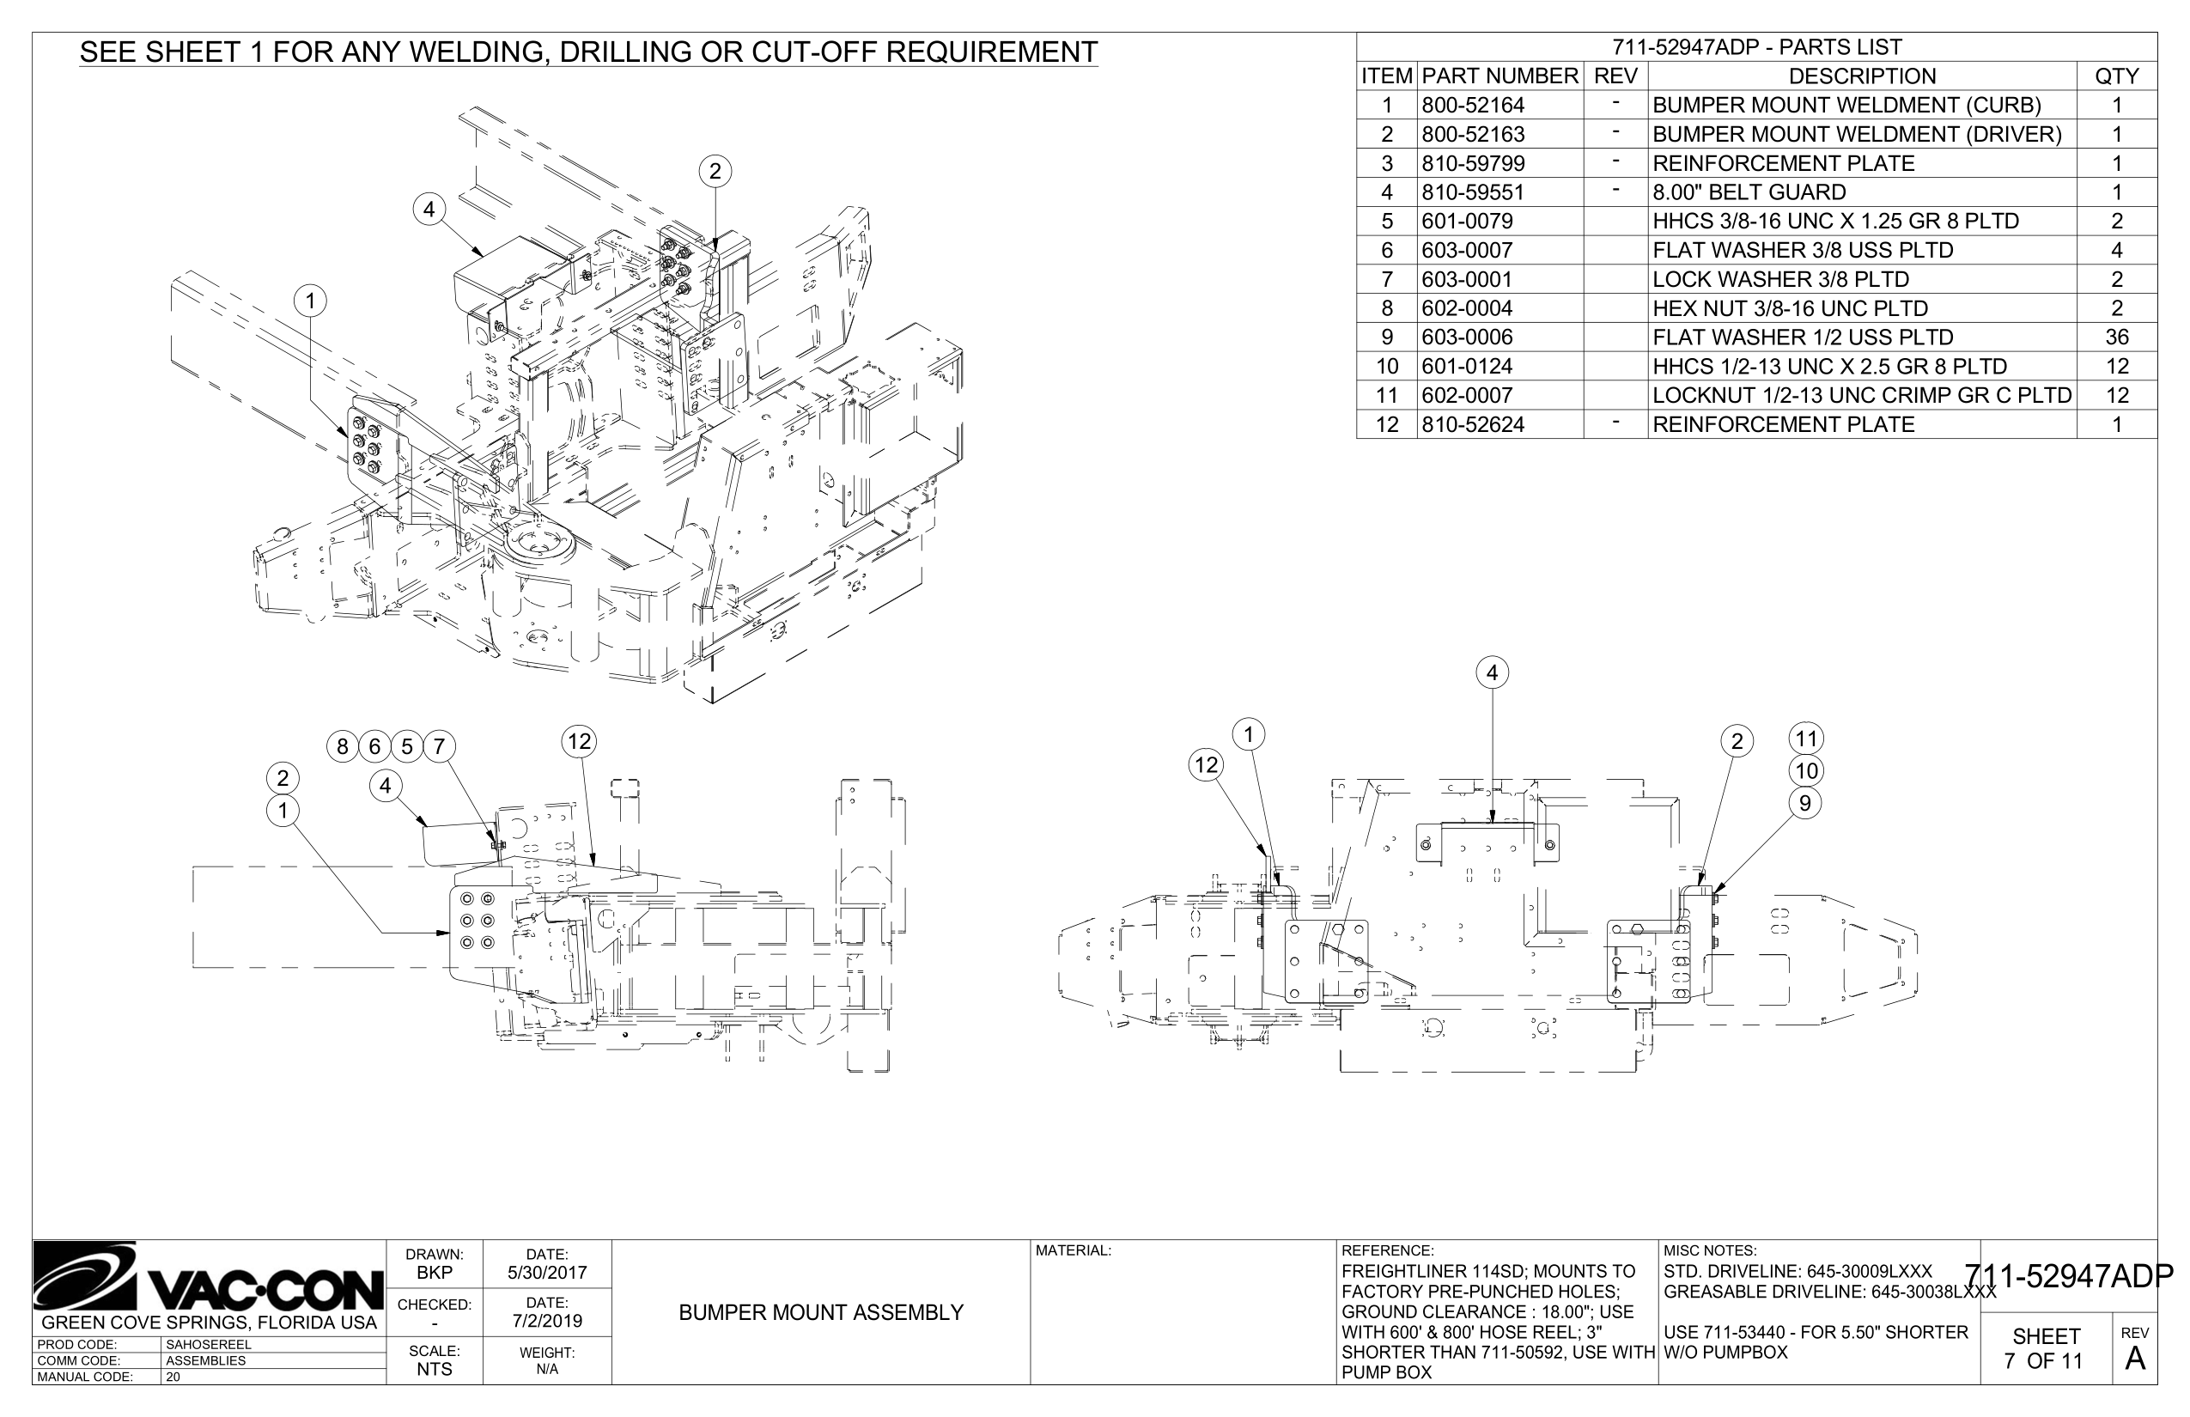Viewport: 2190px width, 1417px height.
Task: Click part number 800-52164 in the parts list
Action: (1473, 105)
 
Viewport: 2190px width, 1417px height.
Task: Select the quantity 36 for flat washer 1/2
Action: (2116, 337)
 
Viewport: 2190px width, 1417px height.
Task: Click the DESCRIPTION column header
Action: (1862, 76)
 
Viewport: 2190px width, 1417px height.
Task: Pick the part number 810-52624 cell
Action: (1473, 424)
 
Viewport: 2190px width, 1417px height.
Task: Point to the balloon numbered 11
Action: (1806, 738)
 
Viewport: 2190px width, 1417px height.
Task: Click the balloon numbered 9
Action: (1805, 803)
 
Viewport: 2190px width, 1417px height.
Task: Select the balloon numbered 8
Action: (343, 746)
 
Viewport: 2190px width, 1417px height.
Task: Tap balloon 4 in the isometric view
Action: (429, 210)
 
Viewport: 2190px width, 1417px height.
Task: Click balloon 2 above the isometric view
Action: (715, 171)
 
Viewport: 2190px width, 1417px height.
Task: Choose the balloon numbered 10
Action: (1806, 771)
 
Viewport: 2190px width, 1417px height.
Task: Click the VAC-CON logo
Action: (209, 1278)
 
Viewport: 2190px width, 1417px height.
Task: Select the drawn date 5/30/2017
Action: (546, 1274)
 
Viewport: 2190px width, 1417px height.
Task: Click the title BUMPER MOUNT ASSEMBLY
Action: (821, 1313)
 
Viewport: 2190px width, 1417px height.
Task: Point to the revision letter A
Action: (2135, 1359)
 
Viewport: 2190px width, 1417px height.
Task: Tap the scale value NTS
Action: (435, 1369)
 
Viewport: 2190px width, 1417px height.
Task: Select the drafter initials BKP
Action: (435, 1274)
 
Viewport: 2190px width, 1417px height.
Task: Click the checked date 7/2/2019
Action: (546, 1322)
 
